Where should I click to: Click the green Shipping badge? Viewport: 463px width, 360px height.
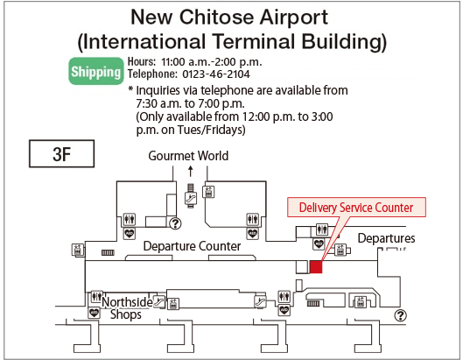95,71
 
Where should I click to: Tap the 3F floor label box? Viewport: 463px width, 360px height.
60,154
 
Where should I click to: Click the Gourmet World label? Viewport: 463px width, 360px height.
188,156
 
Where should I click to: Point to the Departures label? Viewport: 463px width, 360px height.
386,238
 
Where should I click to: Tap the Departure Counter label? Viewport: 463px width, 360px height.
192,246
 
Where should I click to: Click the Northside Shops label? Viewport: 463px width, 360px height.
126,308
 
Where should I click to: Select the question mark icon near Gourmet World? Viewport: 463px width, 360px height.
173,223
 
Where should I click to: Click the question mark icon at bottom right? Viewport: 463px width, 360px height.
401,315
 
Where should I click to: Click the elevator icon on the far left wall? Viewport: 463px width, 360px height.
77,249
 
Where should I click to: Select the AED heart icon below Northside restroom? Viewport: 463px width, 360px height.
94,312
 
